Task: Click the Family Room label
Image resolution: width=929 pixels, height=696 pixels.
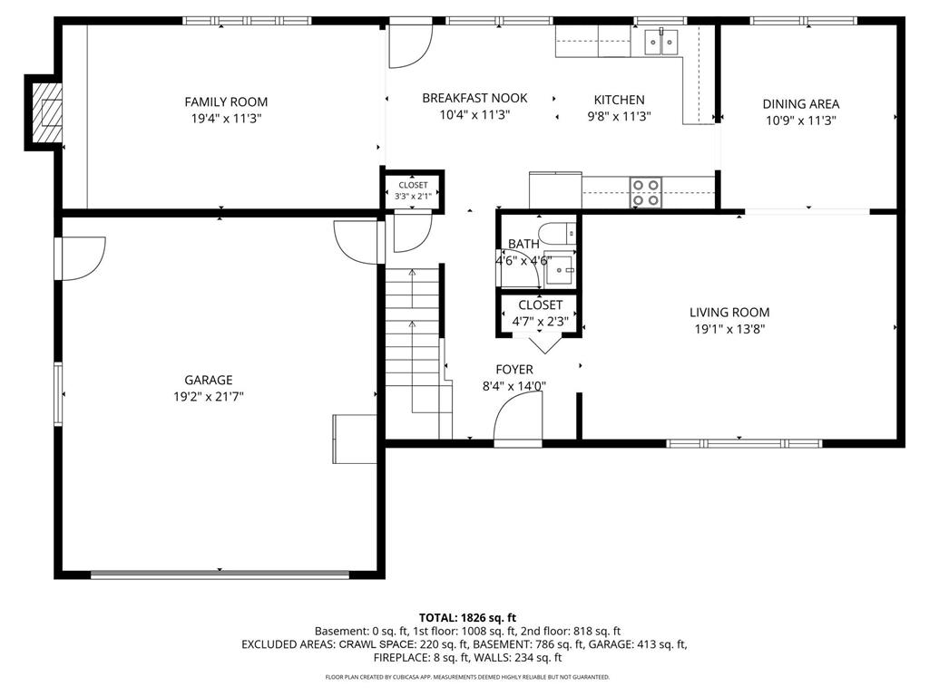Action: [226, 101]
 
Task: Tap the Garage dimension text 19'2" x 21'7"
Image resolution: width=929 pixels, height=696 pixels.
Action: [208, 397]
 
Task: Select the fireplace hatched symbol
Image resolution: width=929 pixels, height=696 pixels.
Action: [47, 112]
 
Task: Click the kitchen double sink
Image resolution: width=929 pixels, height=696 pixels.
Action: [661, 42]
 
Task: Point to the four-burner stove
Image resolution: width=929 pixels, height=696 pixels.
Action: [646, 193]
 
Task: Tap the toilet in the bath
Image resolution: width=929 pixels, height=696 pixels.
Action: [557, 233]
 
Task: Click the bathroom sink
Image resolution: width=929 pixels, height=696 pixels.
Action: [559, 270]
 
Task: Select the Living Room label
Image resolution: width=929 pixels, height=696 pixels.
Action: [729, 313]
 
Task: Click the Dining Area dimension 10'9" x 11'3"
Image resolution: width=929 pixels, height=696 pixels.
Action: [800, 121]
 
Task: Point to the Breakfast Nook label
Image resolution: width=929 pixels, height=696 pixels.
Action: [474, 98]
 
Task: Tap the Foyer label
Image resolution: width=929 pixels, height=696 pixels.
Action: [514, 370]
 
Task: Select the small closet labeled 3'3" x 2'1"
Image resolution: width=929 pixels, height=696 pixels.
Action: [413, 190]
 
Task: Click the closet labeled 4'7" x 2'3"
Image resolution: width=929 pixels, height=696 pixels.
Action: [539, 313]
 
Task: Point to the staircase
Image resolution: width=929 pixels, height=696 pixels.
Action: [413, 353]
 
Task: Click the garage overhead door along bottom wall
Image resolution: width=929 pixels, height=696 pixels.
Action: [220, 574]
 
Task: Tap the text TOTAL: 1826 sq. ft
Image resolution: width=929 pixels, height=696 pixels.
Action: [467, 618]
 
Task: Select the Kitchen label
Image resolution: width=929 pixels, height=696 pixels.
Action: [619, 100]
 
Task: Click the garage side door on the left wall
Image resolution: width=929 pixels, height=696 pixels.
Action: [81, 258]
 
